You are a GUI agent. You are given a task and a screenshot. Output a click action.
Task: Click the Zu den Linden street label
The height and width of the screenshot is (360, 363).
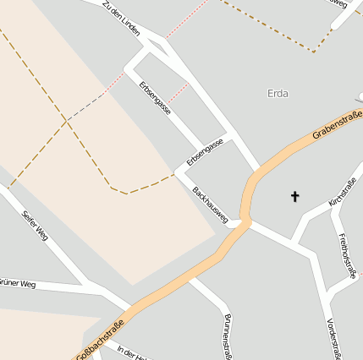point(121,19)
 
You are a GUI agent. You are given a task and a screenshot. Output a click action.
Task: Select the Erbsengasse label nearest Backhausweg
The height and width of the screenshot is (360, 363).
point(205,151)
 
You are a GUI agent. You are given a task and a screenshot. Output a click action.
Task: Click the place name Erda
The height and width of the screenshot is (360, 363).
point(278,92)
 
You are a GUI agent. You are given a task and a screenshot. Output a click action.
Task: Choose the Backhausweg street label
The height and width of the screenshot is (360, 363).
point(211,205)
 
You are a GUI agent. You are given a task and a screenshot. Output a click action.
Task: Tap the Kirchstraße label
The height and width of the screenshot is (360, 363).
point(343,193)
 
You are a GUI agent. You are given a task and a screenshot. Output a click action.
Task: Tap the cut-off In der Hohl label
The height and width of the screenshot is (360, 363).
point(132,352)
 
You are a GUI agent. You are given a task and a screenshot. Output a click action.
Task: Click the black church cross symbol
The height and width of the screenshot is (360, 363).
point(295,196)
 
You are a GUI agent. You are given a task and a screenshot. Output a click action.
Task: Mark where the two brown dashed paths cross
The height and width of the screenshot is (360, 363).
point(66,122)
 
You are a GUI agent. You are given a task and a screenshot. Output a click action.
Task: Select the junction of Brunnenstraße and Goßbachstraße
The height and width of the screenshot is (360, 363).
point(191,275)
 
